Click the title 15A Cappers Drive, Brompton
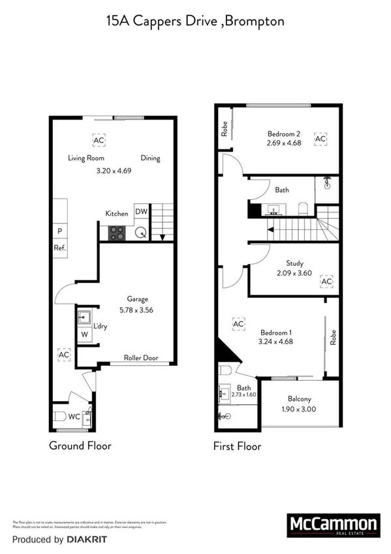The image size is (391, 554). (195, 21)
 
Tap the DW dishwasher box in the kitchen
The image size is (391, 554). (141, 211)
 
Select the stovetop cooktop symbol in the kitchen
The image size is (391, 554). (117, 233)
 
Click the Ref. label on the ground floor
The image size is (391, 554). (59, 248)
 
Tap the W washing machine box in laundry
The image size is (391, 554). (84, 335)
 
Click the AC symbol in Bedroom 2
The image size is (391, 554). (320, 139)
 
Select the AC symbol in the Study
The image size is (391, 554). (326, 282)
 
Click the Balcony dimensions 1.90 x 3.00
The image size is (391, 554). (300, 409)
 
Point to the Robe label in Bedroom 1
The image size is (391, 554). (332, 337)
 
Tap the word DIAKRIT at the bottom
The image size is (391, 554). (86, 540)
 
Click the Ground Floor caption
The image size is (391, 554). (80, 446)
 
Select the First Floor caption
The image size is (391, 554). (238, 447)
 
